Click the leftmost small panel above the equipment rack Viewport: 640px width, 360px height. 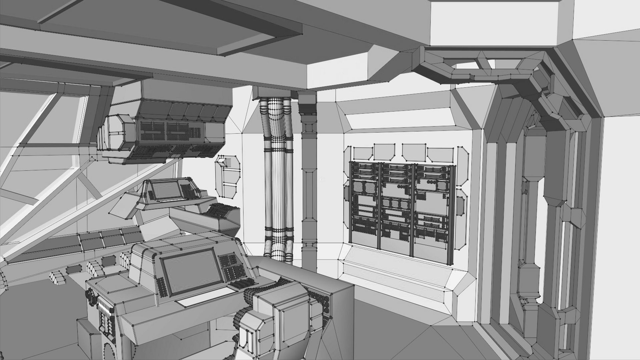click(x=363, y=153)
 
